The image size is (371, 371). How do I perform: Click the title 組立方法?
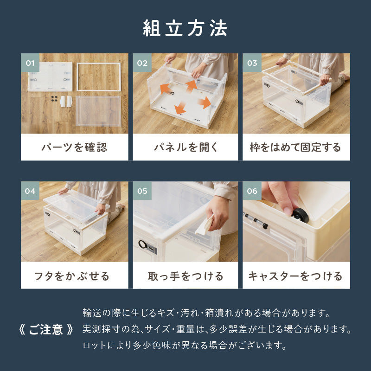coord(185,29)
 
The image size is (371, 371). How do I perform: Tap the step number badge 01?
coord(30,63)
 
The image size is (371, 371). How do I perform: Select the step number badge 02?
coord(142,63)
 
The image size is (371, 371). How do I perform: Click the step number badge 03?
coord(252,63)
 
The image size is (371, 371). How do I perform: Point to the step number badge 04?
coord(30,191)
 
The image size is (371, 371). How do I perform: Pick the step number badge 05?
coord(142,191)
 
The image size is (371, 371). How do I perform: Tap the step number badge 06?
coord(252,191)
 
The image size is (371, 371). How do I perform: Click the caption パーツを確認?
coord(74,147)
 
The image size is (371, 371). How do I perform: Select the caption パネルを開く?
coord(185,147)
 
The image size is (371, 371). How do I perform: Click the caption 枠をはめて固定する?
coord(296,147)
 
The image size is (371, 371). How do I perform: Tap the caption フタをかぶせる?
coord(74,276)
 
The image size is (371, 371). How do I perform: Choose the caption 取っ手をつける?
coord(185,276)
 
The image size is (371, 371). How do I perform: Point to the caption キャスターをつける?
coord(296,276)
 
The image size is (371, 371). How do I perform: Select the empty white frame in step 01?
coord(98,77)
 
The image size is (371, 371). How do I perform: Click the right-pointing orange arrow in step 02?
coord(204,102)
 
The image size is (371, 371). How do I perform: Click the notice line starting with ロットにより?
coord(185,345)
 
